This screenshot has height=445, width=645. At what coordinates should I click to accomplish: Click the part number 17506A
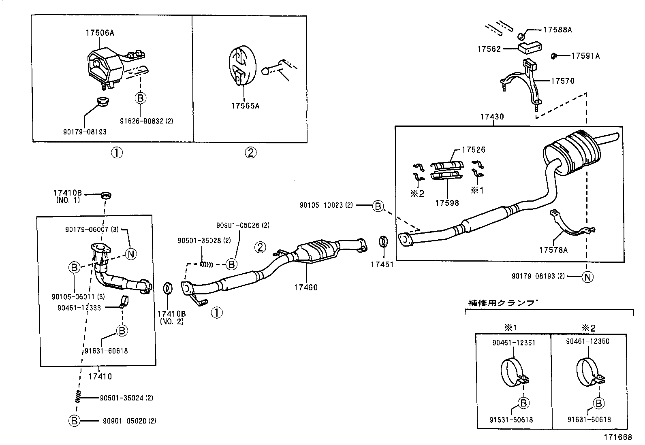(x=100, y=33)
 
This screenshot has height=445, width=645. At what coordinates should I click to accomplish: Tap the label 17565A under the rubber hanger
(x=245, y=106)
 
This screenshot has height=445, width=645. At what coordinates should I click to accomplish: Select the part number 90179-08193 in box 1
(x=85, y=132)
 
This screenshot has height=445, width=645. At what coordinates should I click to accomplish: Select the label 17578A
(x=553, y=250)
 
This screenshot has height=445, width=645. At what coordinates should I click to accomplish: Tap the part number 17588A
(x=557, y=30)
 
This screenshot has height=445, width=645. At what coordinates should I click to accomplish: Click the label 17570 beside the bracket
(x=562, y=81)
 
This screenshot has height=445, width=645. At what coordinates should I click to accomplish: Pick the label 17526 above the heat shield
(x=473, y=150)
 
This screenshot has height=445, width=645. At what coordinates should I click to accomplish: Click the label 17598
(x=447, y=203)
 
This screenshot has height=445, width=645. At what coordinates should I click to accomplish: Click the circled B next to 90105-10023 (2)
(x=378, y=206)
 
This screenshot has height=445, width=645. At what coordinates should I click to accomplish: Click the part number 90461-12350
(x=587, y=341)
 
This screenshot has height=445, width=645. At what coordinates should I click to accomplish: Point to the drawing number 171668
(x=618, y=437)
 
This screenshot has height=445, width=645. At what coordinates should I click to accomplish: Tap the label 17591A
(x=585, y=56)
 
